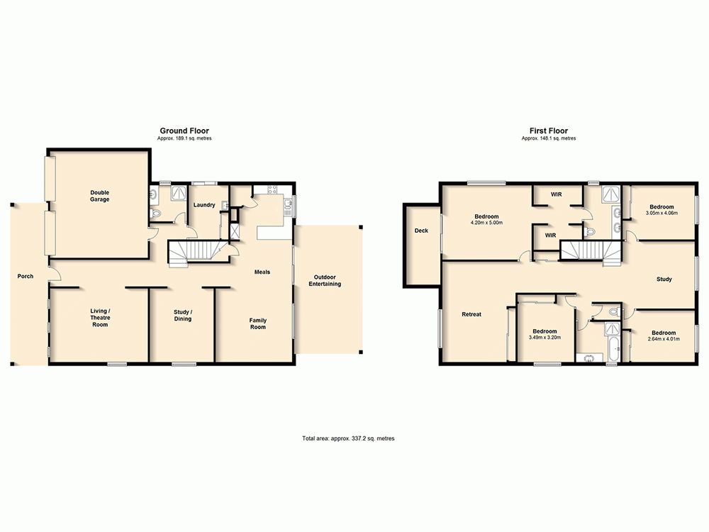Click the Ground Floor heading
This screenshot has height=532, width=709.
(184, 131)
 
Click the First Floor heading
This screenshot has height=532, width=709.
(548, 131)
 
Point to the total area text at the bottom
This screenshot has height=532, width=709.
(347, 439)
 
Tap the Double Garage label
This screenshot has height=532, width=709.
(99, 196)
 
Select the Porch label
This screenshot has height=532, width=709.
(26, 276)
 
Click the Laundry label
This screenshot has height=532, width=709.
(205, 205)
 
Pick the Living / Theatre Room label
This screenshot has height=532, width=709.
(99, 318)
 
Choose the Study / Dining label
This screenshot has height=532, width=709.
(183, 316)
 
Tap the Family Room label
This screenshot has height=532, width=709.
(257, 323)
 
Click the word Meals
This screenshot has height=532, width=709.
(262, 272)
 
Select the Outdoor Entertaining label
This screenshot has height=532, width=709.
(325, 280)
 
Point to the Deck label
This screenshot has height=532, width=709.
(421, 231)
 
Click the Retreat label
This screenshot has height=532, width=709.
(471, 314)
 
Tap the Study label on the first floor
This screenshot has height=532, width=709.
(664, 279)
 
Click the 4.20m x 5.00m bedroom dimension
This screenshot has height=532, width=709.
(486, 223)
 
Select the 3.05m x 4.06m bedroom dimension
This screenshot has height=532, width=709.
(661, 213)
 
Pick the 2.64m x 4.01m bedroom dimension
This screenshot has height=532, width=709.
(664, 339)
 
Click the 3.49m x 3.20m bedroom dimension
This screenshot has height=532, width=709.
(545, 338)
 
